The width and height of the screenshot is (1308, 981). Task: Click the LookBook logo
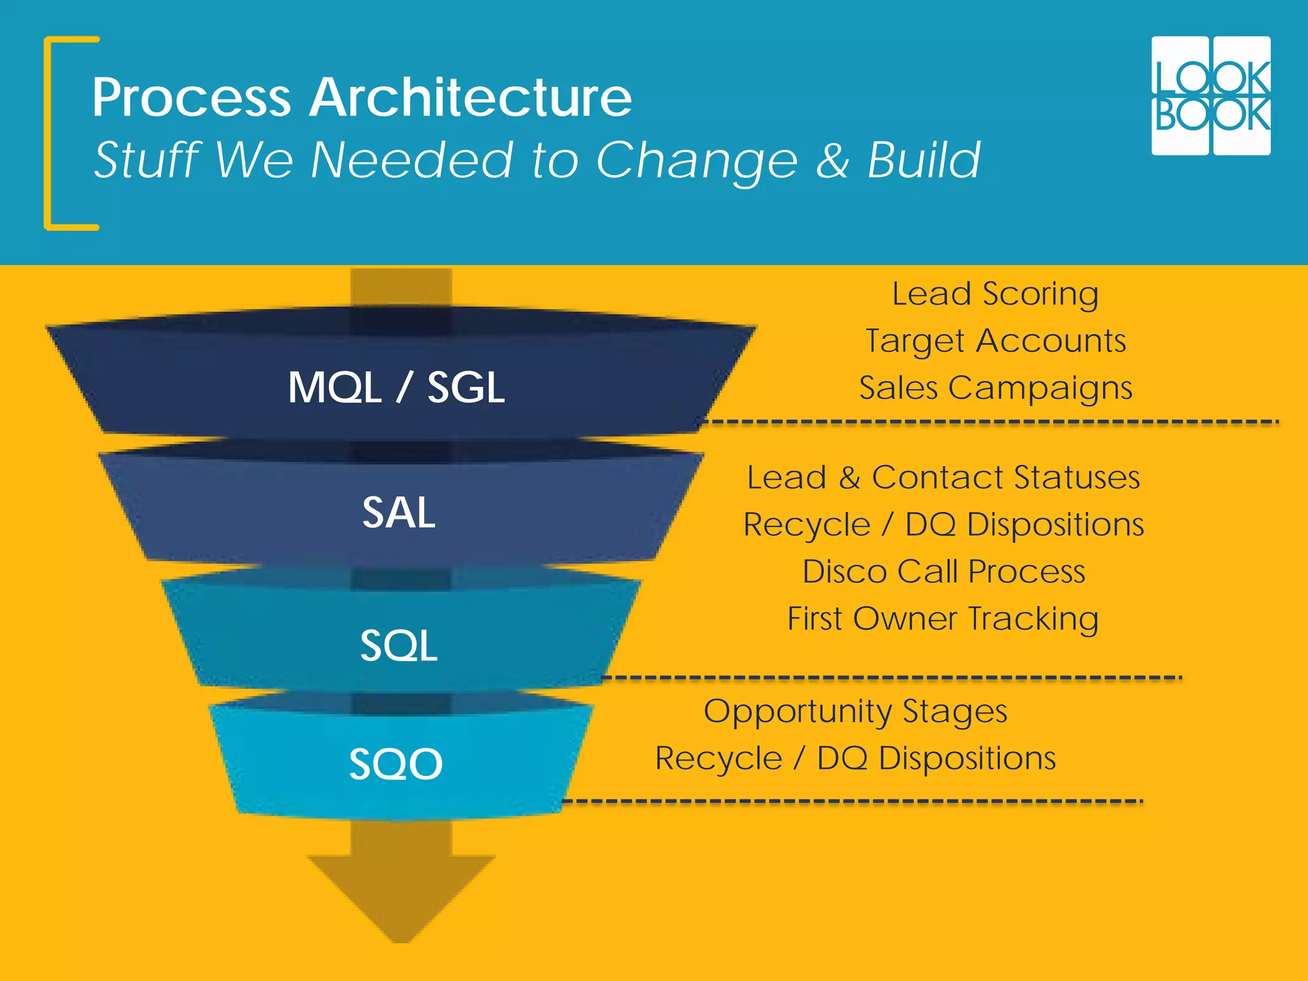tap(1210, 96)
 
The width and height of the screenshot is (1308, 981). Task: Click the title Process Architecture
tap(361, 97)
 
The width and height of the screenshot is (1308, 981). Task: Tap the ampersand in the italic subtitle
tap(832, 160)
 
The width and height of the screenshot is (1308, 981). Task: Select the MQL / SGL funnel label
tap(396, 387)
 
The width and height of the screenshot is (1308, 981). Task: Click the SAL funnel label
tap(399, 512)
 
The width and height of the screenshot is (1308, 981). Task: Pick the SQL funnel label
tap(399, 645)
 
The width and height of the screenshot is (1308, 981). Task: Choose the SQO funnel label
tap(396, 763)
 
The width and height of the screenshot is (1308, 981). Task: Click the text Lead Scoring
tap(995, 294)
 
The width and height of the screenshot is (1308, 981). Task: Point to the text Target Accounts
tap(995, 341)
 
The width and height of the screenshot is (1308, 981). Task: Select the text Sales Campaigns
tap(995, 388)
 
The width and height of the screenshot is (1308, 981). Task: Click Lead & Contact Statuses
tap(943, 478)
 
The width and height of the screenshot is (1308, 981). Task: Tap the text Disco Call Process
tap(943, 571)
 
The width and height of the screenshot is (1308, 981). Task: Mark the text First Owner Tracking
tap(943, 618)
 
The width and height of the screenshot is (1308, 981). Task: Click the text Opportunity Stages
tap(855, 711)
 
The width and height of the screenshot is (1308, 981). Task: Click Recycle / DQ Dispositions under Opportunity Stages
tap(855, 759)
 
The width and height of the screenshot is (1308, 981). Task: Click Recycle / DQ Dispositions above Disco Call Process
tap(943, 525)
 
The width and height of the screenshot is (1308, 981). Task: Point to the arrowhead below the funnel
tap(401, 894)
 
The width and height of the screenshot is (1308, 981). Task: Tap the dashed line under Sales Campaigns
tap(990, 422)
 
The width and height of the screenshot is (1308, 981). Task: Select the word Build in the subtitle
tap(924, 160)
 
